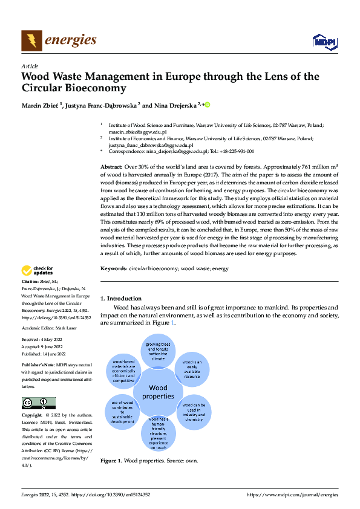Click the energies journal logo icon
click(32, 41)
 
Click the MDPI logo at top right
click(324, 42)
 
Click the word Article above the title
click(30, 66)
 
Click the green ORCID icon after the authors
click(208, 105)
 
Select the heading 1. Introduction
click(121, 298)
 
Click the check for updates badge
click(38, 271)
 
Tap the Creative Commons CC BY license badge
click(38, 403)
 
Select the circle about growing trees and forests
click(159, 351)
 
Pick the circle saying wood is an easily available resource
click(192, 368)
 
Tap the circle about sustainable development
click(122, 412)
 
